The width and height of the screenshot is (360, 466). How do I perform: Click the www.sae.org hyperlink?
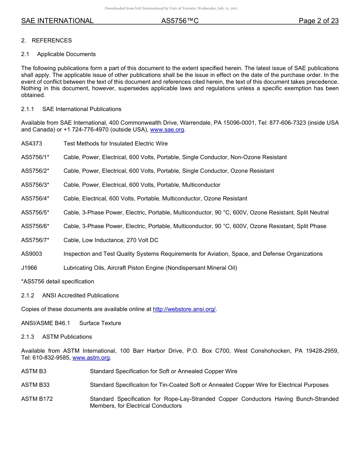(167, 130)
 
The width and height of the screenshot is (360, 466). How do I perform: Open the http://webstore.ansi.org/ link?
(184, 309)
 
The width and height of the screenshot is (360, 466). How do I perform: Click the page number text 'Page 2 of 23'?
(318, 21)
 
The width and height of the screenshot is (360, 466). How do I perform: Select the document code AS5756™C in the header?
(180, 21)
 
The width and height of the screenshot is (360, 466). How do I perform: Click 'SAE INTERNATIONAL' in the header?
(57, 21)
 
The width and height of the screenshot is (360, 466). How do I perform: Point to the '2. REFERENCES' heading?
(47, 41)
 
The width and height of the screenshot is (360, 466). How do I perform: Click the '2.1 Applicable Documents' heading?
(58, 54)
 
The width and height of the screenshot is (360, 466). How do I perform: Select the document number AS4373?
(31, 144)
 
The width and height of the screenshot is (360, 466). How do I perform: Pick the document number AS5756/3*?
(35, 185)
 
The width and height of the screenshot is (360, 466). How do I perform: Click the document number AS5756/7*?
(35, 240)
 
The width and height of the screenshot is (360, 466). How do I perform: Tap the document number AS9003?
(31, 254)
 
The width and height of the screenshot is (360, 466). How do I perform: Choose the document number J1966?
(29, 268)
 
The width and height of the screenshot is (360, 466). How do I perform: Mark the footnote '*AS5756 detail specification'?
(58, 281)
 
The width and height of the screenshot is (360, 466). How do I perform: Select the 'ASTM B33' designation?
(35, 385)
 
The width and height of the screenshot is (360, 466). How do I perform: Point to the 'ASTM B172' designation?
(37, 399)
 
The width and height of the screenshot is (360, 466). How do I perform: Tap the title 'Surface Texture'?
(100, 323)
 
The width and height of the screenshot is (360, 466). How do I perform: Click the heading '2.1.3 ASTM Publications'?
(56, 337)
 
